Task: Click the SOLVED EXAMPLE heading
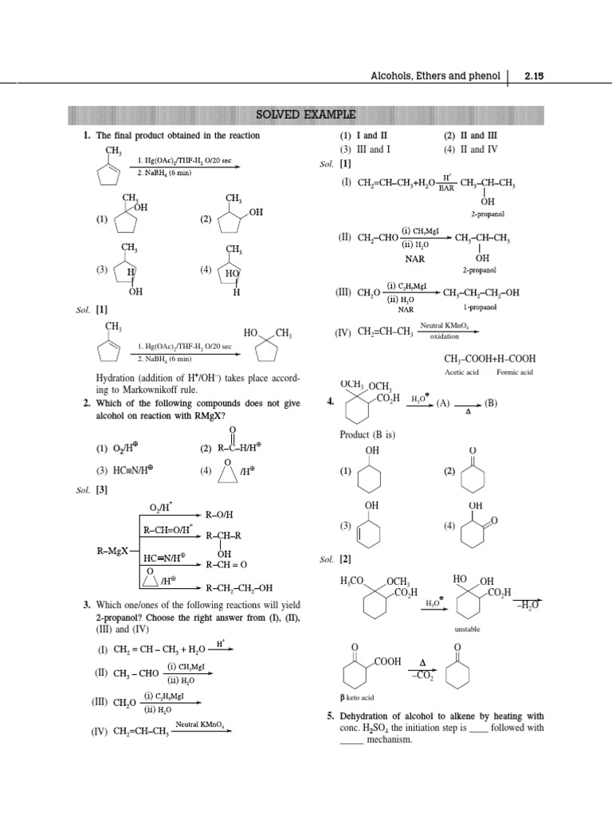click(x=305, y=114)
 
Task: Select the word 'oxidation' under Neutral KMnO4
click(x=445, y=336)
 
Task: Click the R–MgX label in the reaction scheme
click(x=109, y=550)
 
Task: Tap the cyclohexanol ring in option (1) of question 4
click(x=371, y=478)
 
